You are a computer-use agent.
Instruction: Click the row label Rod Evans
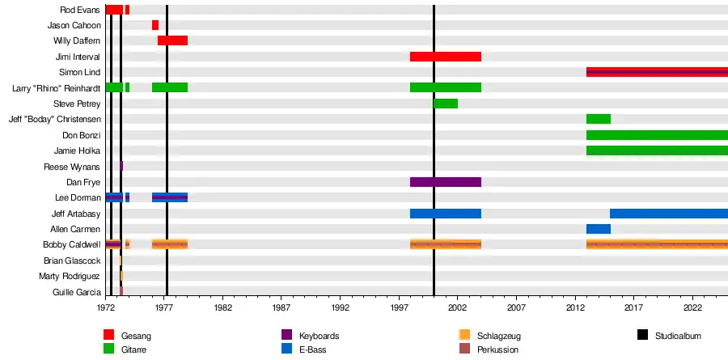(80, 10)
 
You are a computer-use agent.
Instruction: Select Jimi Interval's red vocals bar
(445, 57)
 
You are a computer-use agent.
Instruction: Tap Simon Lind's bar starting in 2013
(656, 72)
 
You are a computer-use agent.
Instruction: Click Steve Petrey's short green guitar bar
(445, 104)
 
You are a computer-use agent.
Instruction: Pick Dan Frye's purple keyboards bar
(445, 182)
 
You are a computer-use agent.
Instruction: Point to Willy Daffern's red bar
(172, 40)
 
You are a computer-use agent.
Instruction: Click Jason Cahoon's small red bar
(155, 25)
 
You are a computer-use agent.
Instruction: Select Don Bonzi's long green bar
(656, 135)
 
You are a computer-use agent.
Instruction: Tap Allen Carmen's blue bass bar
(598, 229)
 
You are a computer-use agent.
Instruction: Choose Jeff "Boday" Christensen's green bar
(598, 119)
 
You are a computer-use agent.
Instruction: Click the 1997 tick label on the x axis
(400, 308)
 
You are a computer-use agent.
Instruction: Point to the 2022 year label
(692, 308)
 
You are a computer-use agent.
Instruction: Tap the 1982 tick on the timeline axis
(223, 308)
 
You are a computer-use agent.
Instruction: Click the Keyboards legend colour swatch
(286, 335)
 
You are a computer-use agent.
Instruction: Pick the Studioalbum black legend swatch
(642, 335)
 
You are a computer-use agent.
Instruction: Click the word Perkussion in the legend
(498, 349)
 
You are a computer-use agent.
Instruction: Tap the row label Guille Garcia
(76, 292)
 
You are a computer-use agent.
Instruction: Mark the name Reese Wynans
(72, 167)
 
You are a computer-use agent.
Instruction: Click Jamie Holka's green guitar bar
(656, 150)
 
